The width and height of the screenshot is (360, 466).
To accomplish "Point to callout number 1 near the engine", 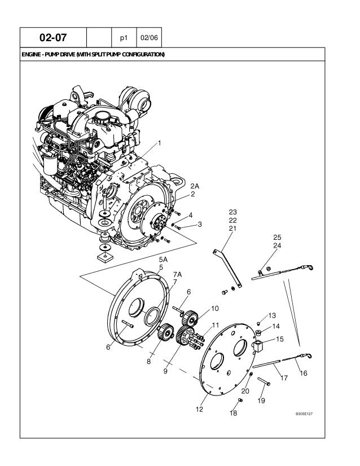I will pos(160,142).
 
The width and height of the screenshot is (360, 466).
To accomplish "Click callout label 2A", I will pos(195,186).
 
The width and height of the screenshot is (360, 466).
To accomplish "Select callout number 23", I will pos(232,212).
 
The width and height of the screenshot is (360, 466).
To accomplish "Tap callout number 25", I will pos(276,237).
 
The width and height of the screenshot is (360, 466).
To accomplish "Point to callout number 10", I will pos(215,309).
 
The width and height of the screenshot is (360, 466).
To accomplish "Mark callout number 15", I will pos(280,340).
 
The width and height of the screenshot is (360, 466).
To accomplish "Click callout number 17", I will pos(284,379).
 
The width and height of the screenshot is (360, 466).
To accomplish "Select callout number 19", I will pos(261,401).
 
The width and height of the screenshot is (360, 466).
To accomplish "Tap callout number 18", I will pos(233,414).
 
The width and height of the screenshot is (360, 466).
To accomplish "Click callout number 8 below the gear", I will pos(148,362).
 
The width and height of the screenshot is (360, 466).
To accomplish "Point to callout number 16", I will pos(304,373).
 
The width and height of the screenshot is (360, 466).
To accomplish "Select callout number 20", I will pos(245,390).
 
